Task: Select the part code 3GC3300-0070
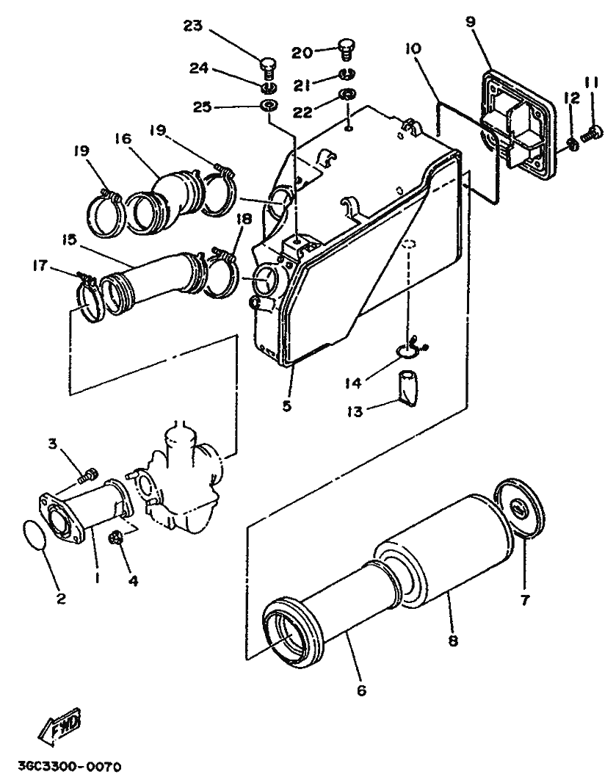click(70, 766)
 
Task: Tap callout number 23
click(193, 26)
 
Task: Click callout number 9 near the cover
click(471, 22)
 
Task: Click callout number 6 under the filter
click(361, 690)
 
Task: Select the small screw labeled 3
click(90, 474)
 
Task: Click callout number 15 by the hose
click(70, 239)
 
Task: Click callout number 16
click(123, 138)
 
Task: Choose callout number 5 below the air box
click(287, 405)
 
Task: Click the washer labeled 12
click(573, 145)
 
